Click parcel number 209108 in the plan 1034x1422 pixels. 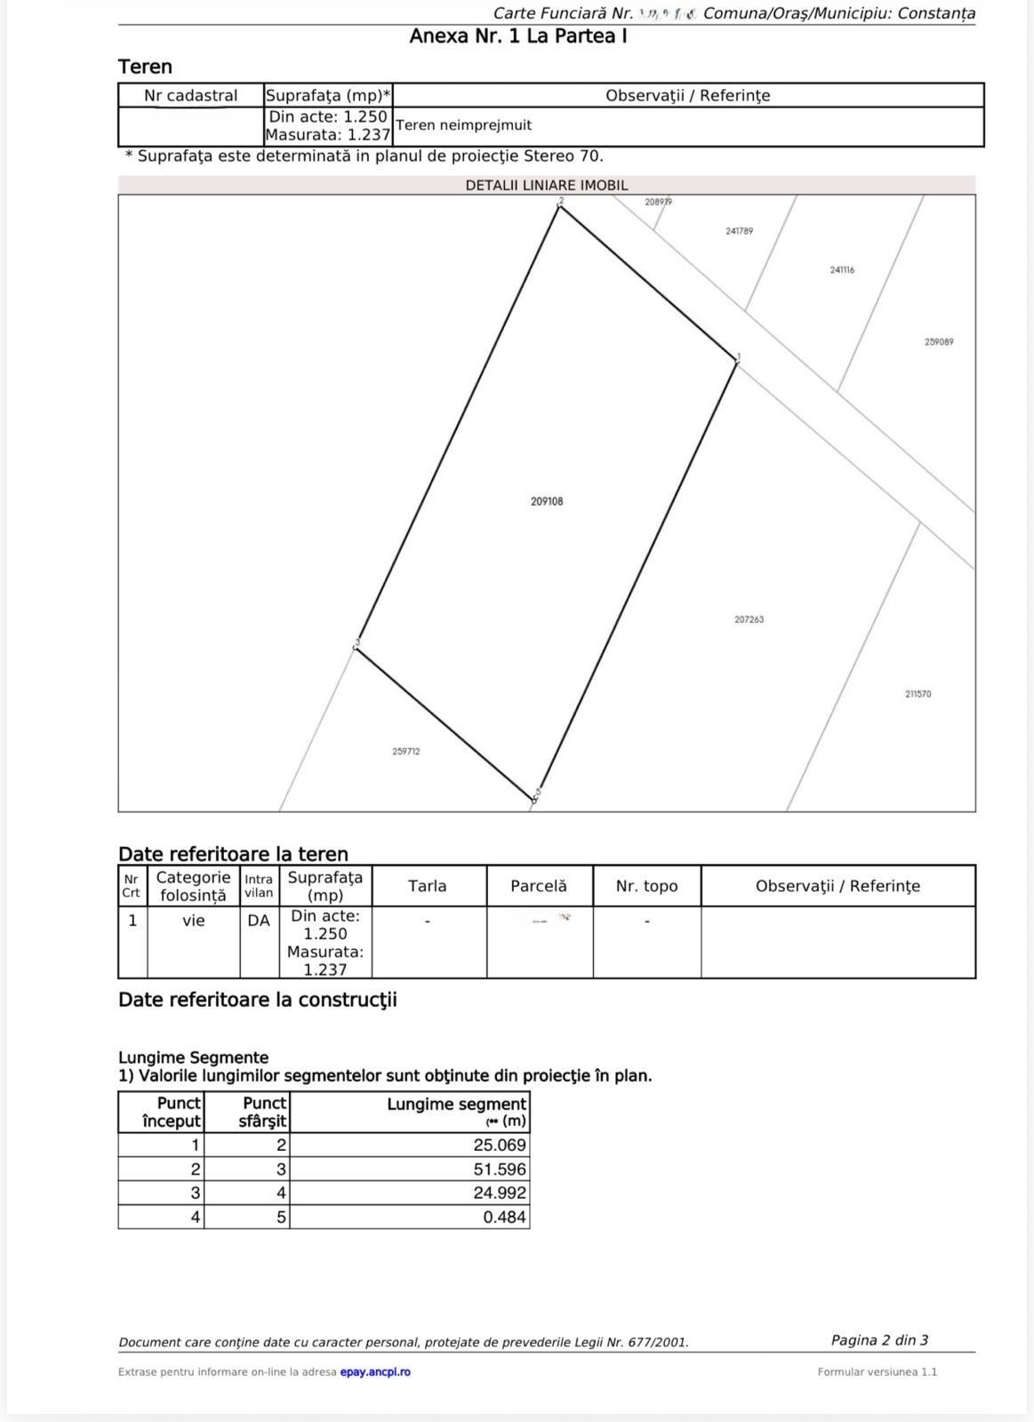tap(547, 501)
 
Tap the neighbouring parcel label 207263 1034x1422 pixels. tap(749, 619)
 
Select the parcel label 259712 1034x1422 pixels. tap(406, 752)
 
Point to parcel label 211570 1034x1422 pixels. tap(918, 694)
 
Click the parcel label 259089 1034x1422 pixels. tap(939, 342)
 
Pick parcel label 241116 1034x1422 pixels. tap(842, 270)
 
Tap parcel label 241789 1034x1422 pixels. tap(739, 231)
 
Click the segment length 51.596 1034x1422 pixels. tap(499, 1170)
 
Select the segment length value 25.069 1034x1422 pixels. tap(499, 1146)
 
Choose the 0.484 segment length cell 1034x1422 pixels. tap(504, 1218)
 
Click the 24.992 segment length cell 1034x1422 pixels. tap(499, 1194)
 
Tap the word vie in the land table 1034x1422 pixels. tap(194, 921)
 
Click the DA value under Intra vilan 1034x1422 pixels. tap(259, 921)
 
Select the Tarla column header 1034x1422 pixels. tap(428, 886)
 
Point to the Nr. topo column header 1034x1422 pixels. tap(646, 886)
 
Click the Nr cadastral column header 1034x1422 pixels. tap(191, 96)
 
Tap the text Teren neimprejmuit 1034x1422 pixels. tap(464, 125)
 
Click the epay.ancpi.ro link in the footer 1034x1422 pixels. tap(375, 1372)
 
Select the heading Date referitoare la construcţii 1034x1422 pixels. tap(258, 1000)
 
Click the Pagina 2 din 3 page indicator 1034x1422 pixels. tap(879, 1340)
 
